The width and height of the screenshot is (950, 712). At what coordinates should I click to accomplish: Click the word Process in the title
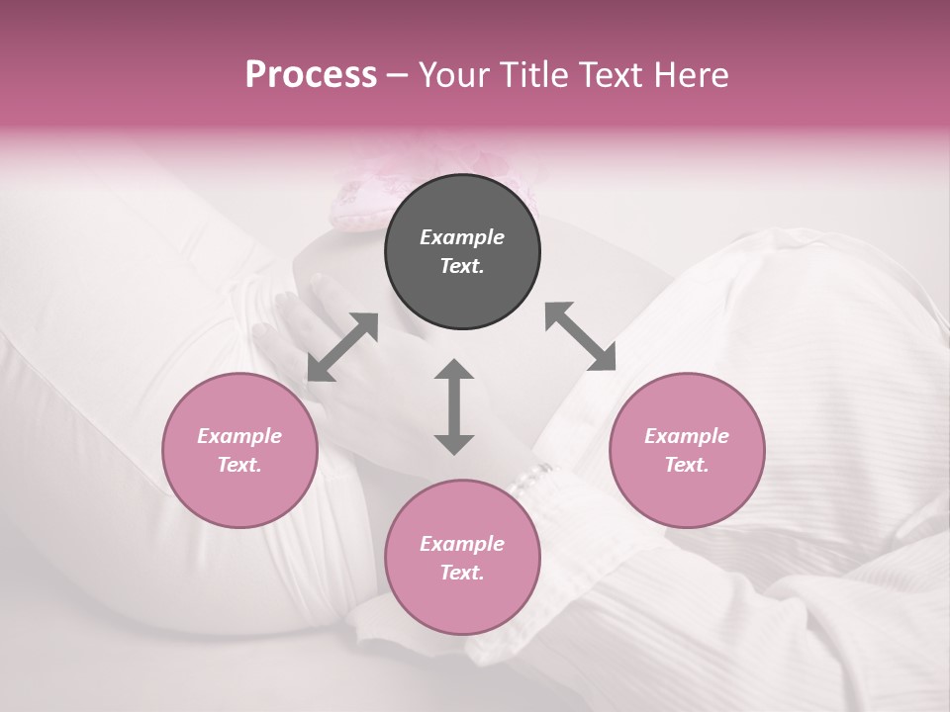311,75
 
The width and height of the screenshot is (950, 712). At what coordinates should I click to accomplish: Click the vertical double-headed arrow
454,406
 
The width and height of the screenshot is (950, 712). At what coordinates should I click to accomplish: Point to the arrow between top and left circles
342,347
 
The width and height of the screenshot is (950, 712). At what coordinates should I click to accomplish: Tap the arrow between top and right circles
580,336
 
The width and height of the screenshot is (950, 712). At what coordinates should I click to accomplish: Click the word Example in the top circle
462,237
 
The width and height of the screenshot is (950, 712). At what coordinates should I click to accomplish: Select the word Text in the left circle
239,465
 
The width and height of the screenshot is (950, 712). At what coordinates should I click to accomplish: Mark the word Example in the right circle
687,436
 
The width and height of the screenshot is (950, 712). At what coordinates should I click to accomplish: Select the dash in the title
398,75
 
